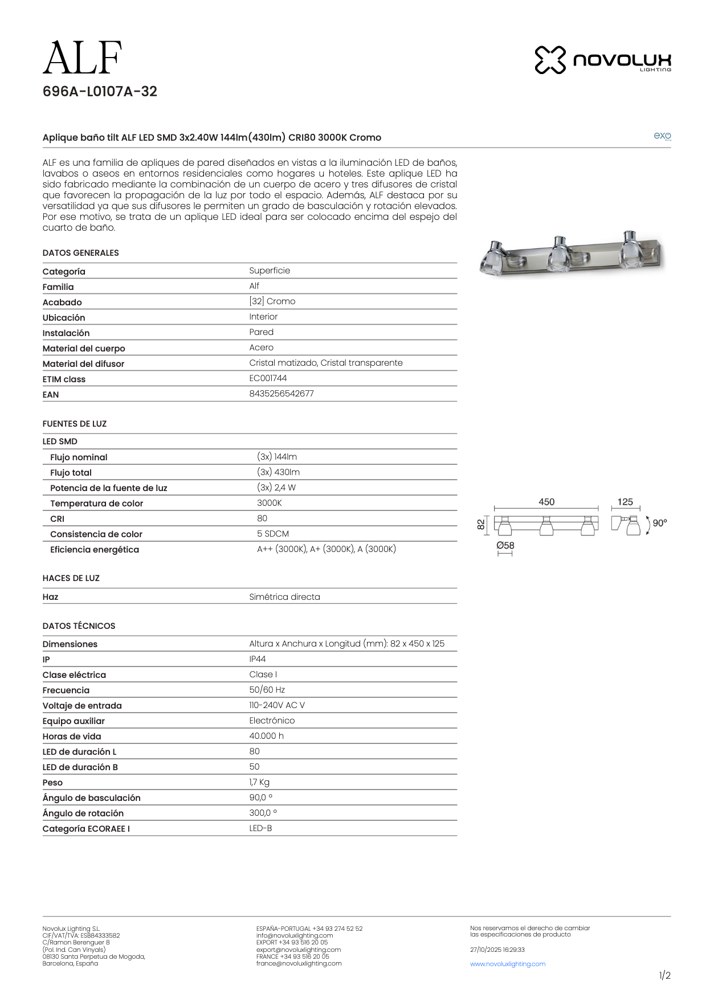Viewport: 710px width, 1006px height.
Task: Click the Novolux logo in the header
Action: coord(602,60)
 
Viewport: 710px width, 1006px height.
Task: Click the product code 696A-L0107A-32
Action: coord(100,92)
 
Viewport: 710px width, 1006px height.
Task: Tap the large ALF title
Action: coord(83,58)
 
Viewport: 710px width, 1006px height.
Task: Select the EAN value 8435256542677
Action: coord(281,394)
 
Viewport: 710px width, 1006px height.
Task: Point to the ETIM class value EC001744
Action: coord(268,378)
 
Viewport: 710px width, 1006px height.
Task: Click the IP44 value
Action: coord(258,659)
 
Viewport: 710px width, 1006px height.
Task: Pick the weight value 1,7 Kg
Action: coord(259,782)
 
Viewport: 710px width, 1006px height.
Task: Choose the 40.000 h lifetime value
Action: coord(266,736)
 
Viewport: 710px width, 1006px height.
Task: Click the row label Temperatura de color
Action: coord(96,504)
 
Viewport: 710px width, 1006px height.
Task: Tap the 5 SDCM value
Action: coord(273,534)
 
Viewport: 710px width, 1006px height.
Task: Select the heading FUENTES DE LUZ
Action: coord(75,424)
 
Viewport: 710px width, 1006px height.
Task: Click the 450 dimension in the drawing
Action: coord(546,502)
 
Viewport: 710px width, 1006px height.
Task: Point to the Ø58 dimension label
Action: coord(505,545)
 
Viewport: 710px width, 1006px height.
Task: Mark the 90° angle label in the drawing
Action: coord(659,523)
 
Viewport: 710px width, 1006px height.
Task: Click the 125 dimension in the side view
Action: coord(625,502)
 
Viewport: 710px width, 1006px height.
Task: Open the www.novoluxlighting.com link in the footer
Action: coord(508,964)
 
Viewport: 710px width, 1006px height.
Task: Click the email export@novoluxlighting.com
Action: coord(299,950)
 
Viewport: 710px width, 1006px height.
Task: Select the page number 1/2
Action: coord(664,976)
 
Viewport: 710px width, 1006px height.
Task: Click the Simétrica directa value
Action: coord(284,597)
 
